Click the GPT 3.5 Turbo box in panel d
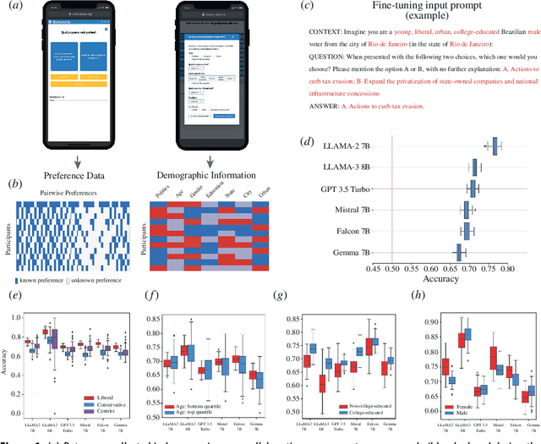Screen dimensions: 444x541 (x=473, y=188)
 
